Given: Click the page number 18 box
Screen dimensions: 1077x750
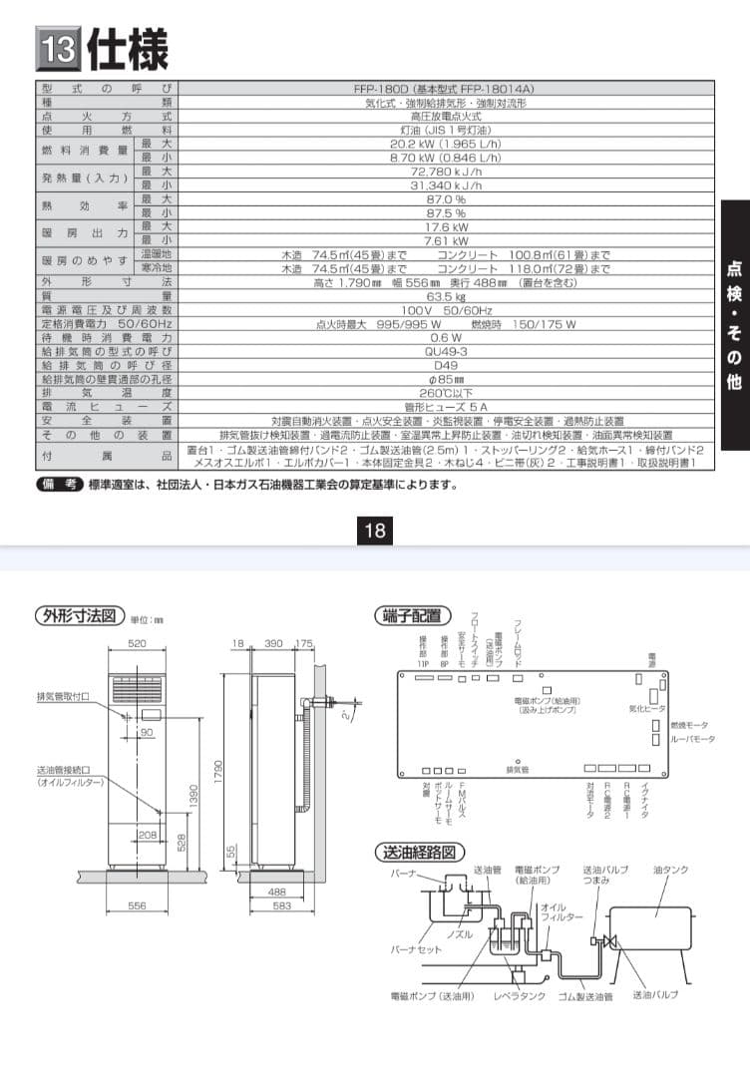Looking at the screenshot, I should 375,531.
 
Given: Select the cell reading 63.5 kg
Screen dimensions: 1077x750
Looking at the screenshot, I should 446,296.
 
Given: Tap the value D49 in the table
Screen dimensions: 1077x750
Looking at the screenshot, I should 446,365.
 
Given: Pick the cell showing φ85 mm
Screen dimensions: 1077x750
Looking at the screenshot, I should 446,379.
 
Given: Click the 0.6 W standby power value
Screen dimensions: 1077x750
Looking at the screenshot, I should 446,337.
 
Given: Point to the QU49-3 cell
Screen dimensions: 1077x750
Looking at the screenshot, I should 446,351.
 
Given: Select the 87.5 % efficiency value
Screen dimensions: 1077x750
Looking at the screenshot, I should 446,212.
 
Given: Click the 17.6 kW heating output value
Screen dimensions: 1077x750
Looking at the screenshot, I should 446,226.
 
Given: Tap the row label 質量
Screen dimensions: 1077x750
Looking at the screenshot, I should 107,296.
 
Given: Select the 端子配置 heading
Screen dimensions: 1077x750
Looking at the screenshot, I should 412,615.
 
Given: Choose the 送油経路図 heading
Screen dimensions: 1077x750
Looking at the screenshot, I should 419,853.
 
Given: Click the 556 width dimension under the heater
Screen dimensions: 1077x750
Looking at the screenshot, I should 138,905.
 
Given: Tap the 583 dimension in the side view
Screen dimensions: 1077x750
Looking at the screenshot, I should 282,905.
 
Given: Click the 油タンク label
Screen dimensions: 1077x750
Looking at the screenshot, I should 670,871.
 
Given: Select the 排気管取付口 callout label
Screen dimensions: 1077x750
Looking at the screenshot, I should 64,697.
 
